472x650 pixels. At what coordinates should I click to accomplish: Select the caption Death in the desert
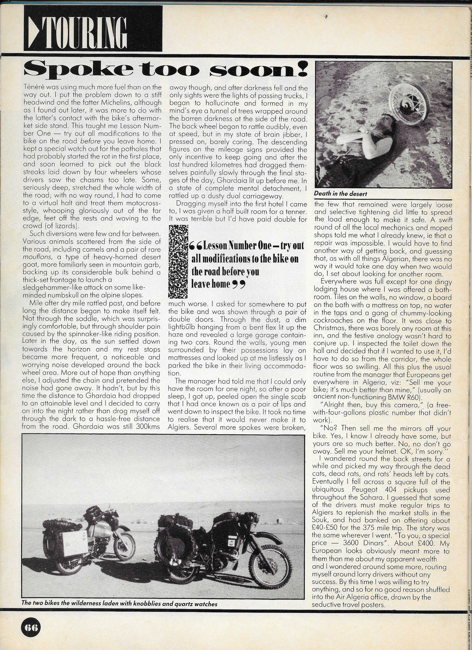340,194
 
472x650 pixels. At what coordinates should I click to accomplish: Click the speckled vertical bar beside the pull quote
178,261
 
